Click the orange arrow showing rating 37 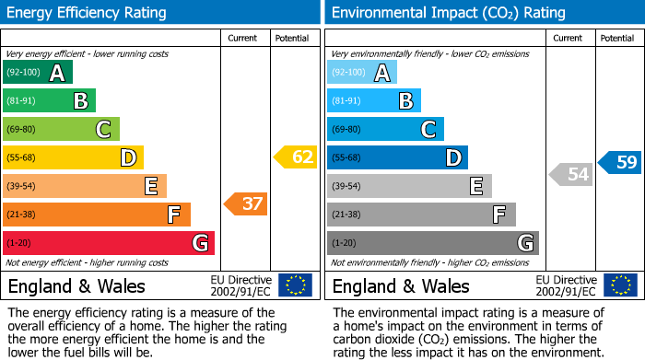[246, 203]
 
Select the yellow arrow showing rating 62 [295, 157]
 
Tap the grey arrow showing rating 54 [570, 174]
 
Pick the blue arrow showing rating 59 [619, 163]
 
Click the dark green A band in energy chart [37, 73]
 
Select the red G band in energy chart [108, 243]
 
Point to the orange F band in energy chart [96, 215]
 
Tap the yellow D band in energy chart [73, 157]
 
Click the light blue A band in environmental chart [362, 73]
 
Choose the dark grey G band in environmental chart [432, 243]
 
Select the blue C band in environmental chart [385, 129]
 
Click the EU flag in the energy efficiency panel [295, 285]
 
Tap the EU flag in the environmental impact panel [620, 285]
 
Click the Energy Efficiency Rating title [88, 13]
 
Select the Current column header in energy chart [243, 38]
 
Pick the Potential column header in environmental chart [616, 38]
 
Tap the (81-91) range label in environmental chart [347, 101]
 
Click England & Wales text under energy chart [76, 285]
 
